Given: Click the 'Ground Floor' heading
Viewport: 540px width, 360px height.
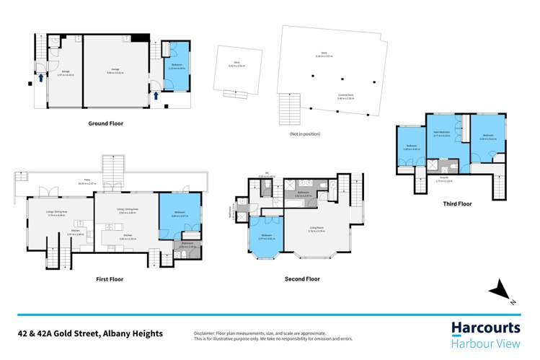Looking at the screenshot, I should pos(105,123).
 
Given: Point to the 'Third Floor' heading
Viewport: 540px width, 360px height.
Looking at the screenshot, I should pos(457,204).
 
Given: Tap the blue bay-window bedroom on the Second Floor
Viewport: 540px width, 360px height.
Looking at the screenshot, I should pos(267,240).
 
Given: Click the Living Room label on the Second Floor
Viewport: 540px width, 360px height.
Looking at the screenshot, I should pos(319,231).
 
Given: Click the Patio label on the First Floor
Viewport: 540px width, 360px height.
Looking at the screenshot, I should pos(95,183).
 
